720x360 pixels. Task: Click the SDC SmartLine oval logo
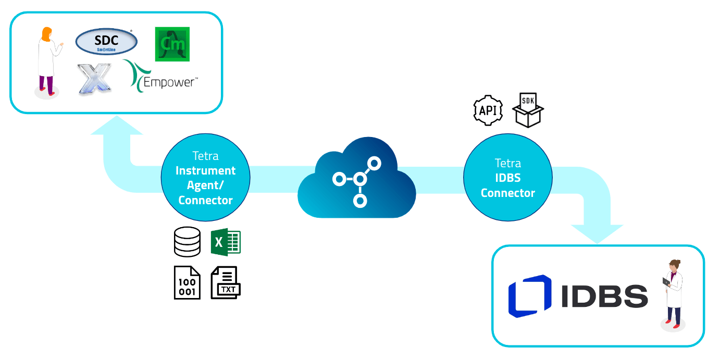point(106,42)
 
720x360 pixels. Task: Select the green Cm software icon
point(172,44)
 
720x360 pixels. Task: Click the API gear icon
point(488,110)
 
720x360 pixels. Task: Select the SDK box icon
point(528,110)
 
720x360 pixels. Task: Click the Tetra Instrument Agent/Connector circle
point(205,178)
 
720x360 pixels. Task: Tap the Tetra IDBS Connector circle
point(507,178)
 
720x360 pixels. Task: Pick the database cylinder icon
point(187,242)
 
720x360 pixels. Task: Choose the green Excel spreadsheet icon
point(226,242)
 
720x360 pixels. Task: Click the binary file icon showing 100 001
point(187,282)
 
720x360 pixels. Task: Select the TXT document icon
point(226,282)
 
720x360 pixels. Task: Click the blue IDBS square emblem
point(529,296)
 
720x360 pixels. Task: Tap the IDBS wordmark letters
point(604,296)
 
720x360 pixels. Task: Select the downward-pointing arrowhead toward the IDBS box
point(597,233)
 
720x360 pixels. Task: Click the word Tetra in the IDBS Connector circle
point(507,163)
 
